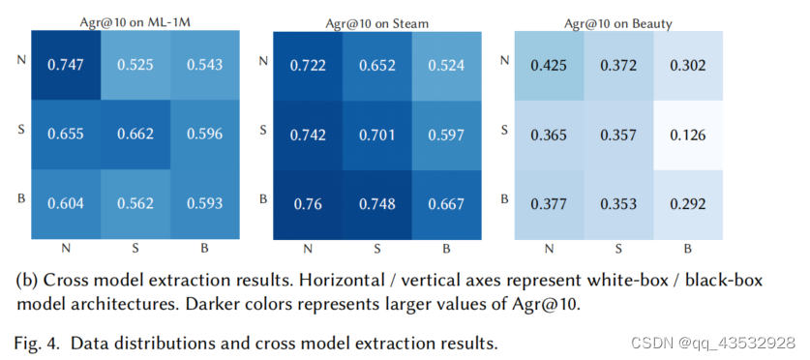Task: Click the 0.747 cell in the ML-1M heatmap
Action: (66, 65)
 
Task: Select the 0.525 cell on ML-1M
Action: (135, 65)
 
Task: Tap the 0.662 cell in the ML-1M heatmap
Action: (135, 135)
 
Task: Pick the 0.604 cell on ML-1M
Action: (66, 204)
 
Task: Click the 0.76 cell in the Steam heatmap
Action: (307, 204)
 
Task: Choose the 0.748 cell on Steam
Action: (376, 204)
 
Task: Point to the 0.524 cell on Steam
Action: (446, 65)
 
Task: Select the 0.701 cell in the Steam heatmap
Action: (376, 135)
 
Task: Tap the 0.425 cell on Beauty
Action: (549, 65)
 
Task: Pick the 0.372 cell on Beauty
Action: (618, 65)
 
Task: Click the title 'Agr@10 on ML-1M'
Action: (135, 20)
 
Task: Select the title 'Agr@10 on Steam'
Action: (376, 20)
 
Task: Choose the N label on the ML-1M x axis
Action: (66, 249)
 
